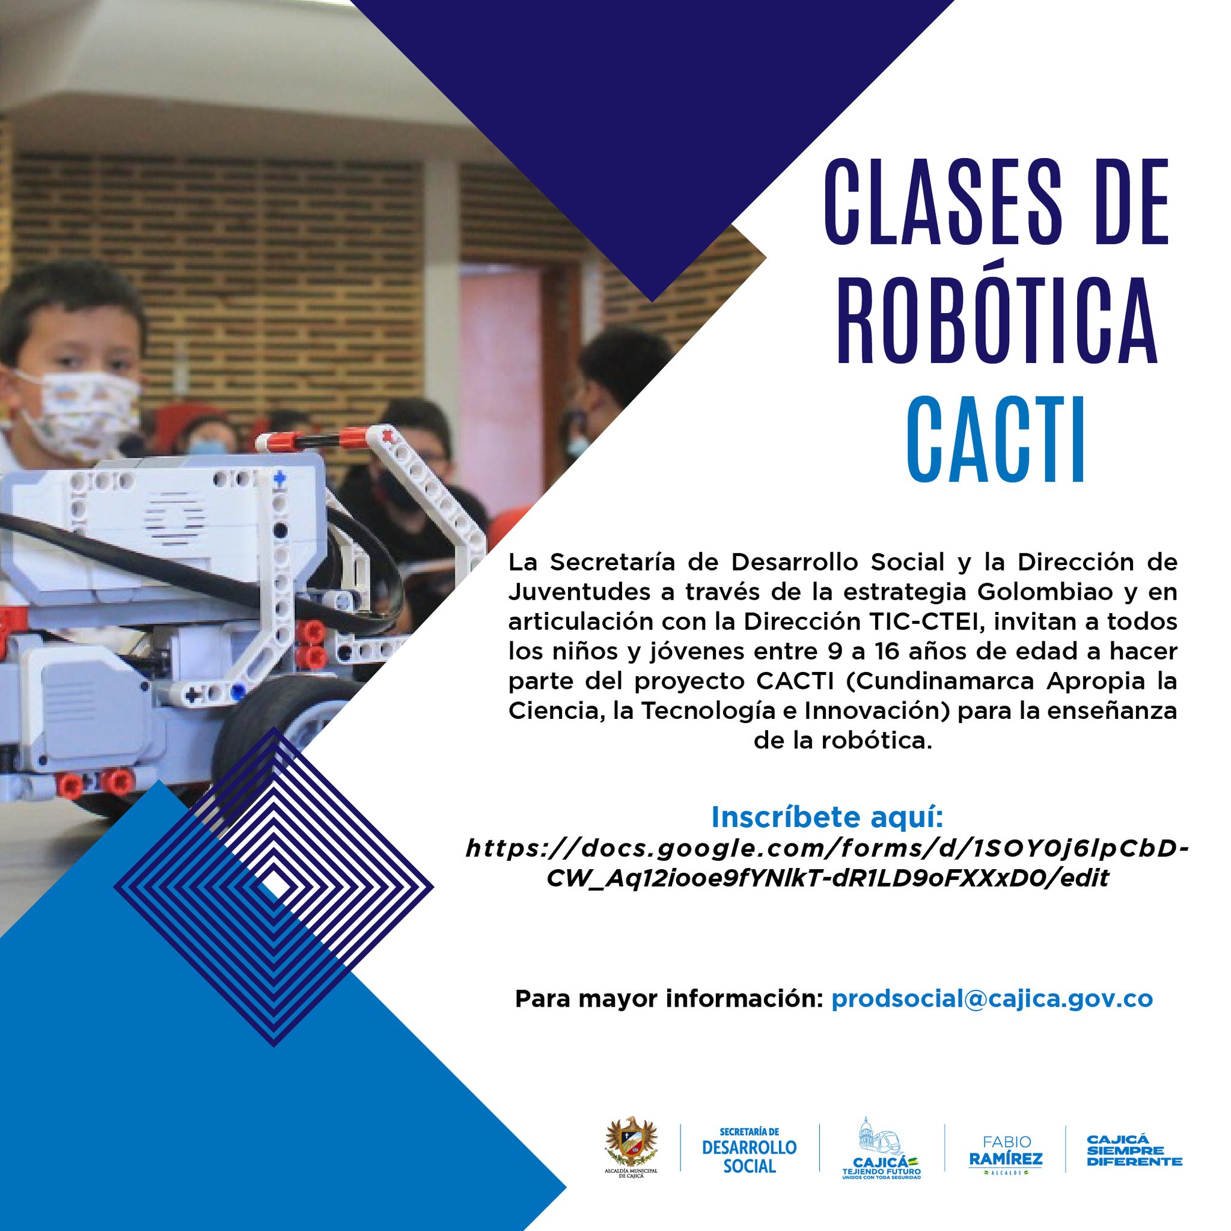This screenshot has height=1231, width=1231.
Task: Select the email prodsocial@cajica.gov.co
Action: click(x=992, y=998)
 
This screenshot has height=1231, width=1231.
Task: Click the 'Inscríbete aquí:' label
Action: click(x=826, y=817)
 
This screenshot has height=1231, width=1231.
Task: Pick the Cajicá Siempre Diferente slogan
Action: click(x=1134, y=1149)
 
